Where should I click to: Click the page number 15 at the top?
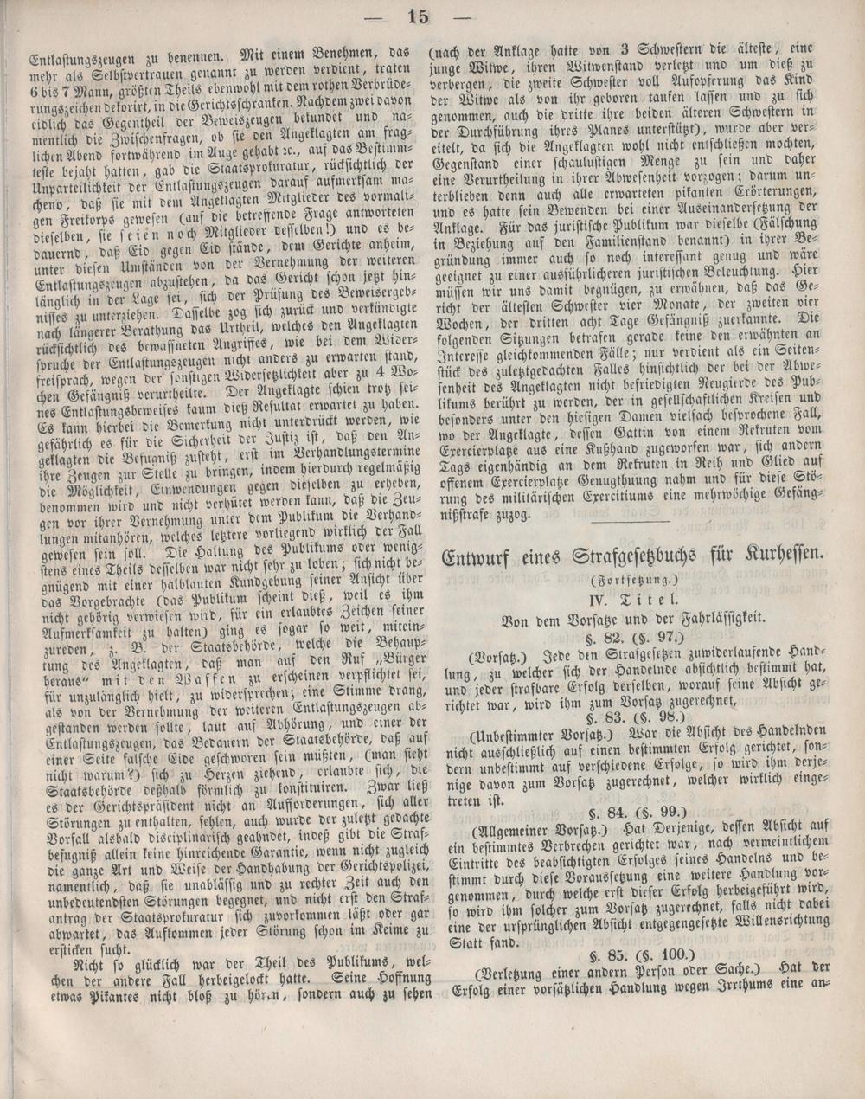pyautogui.click(x=418, y=16)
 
